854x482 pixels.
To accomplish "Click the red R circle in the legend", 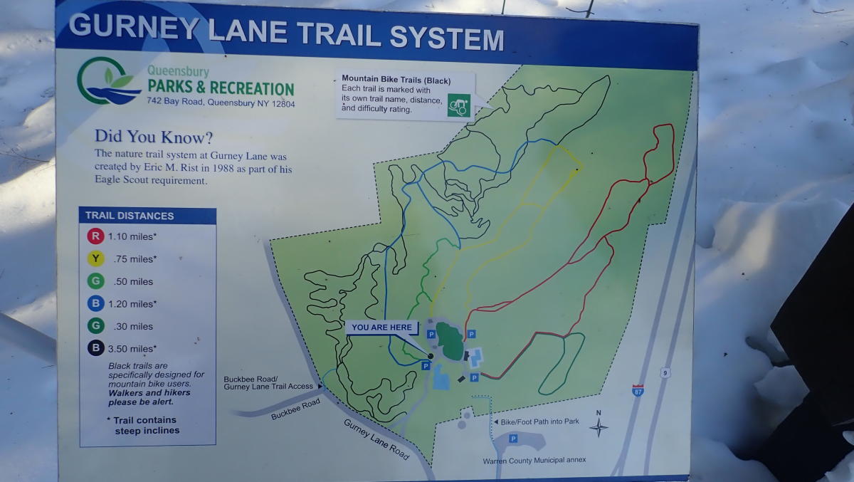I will point(96,236).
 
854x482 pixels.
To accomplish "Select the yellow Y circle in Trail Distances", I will point(96,258).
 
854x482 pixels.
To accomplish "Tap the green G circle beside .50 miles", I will point(96,281).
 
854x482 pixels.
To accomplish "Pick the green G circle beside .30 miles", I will point(96,326).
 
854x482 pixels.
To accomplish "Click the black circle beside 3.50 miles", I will point(96,348).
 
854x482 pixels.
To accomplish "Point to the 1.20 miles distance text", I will point(132,304).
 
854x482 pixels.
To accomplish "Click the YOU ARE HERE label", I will point(381,328).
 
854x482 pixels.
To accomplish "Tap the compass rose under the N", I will point(599,427).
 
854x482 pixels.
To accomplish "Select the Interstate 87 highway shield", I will point(638,390).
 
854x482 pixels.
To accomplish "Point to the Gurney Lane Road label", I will point(376,439).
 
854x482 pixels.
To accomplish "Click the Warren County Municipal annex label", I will point(534,460).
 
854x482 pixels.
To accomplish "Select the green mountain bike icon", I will point(459,105).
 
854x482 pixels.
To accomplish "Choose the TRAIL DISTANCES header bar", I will point(147,216).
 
